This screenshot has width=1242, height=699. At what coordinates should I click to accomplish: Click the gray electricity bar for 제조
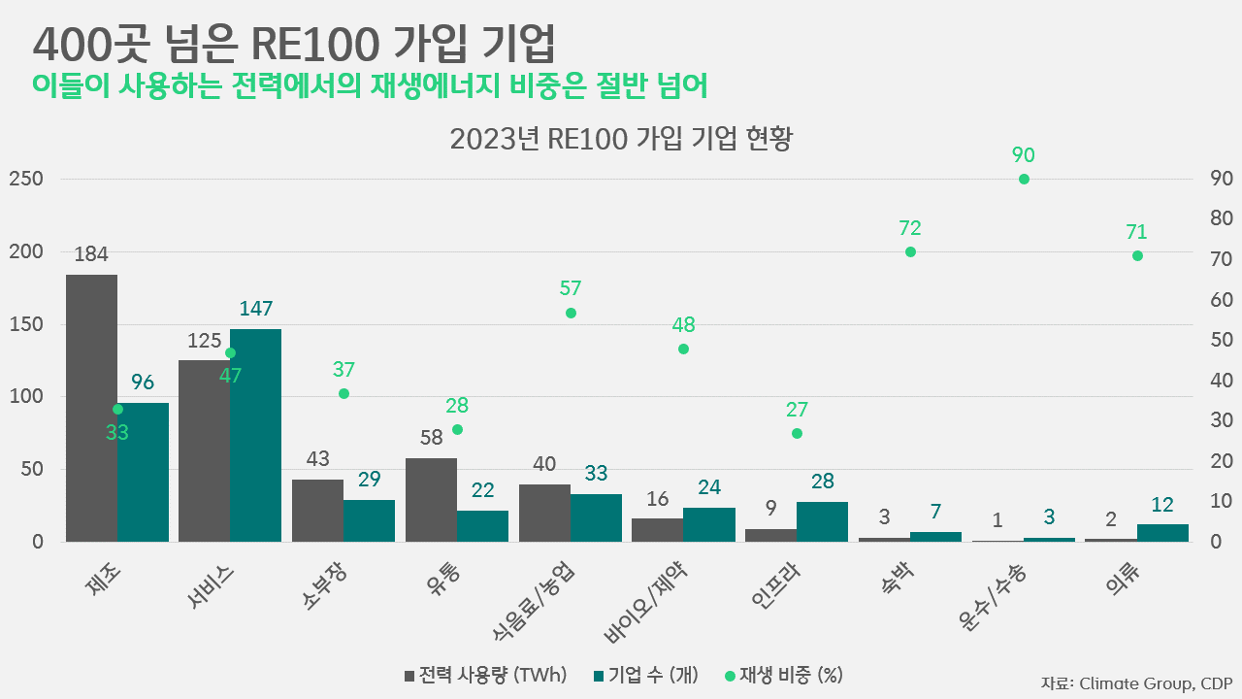click(x=91, y=408)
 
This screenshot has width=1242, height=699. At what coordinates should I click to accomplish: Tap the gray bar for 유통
click(x=431, y=499)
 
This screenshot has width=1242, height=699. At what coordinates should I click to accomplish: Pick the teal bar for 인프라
click(x=822, y=521)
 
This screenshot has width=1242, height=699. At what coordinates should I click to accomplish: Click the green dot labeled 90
click(x=1024, y=179)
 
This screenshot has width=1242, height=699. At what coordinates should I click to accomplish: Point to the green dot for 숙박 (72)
click(x=910, y=251)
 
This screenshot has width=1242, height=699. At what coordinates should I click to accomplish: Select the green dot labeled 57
click(x=571, y=313)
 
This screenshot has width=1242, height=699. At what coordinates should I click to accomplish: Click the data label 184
click(x=91, y=254)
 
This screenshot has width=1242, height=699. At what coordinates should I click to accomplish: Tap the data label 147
click(x=255, y=309)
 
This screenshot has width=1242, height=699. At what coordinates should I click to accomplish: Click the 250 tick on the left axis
click(x=25, y=180)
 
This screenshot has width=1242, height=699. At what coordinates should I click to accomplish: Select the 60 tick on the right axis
click(x=1221, y=300)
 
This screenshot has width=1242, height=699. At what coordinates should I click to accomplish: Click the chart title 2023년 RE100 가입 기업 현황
click(x=621, y=139)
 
